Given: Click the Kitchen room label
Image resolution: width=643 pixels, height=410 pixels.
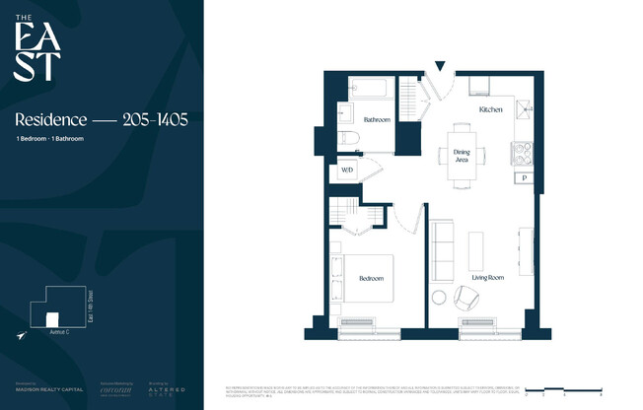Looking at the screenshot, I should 491,109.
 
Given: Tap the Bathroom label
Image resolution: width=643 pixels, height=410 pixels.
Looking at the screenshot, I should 377,120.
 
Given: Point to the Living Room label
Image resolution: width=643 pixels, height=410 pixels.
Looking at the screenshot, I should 487,278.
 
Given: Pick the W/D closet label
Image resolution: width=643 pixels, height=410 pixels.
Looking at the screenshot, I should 347,170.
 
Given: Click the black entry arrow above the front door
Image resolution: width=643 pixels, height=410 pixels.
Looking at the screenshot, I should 441,66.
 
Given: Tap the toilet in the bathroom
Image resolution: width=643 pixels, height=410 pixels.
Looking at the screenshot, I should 348,139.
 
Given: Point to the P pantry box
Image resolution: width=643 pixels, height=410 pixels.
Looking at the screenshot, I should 525,178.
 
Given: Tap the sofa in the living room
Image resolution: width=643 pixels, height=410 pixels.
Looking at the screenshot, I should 441,250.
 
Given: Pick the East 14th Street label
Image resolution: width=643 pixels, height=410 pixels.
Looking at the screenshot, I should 88,305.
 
